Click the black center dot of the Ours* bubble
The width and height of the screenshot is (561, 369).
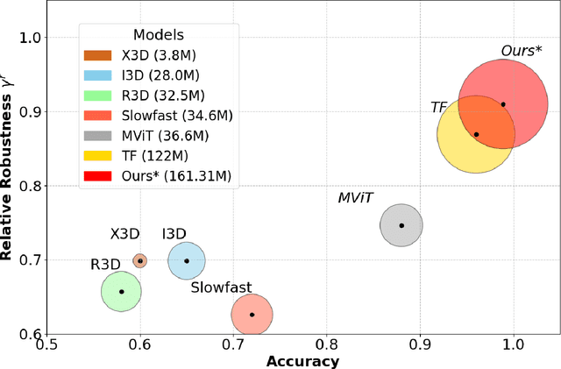pos(503,104)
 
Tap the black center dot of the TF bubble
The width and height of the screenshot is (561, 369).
pos(476,134)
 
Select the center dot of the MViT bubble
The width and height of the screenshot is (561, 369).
pos(401,225)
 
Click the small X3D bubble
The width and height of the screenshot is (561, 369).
pos(139,260)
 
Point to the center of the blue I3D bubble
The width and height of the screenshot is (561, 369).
pos(186,260)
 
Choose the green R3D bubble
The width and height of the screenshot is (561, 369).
pos(121,291)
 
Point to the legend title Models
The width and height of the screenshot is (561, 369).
pos(158,34)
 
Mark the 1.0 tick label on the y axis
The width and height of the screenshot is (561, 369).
pos(28,38)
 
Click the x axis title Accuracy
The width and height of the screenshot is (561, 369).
pos(302,361)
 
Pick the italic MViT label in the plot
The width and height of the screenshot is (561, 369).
pos(356,198)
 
